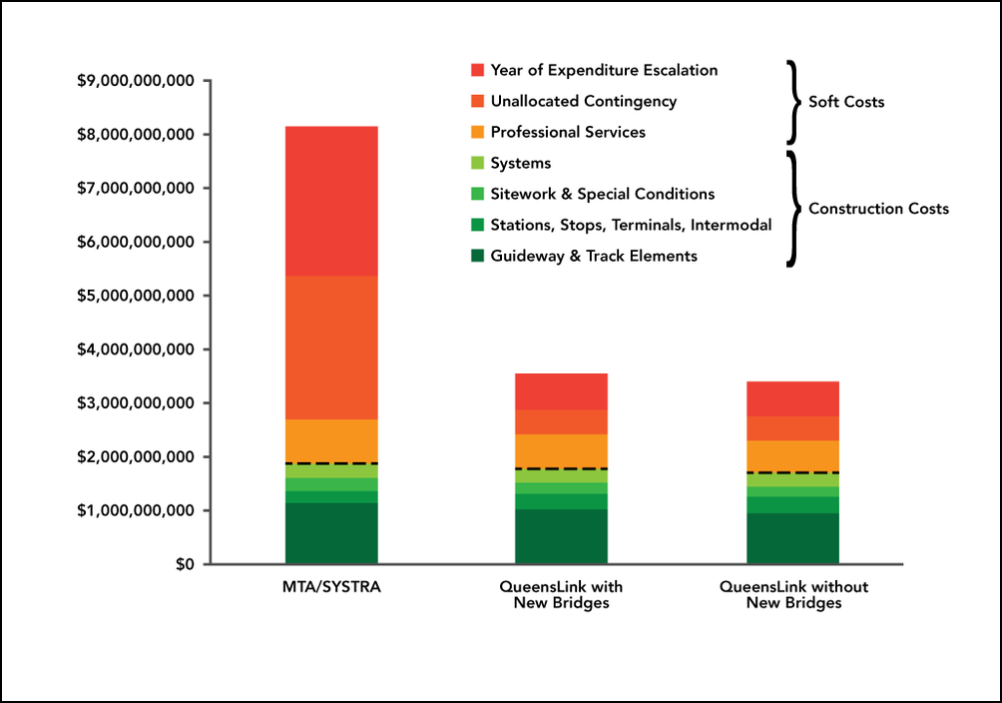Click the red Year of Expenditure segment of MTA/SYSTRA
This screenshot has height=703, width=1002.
pyautogui.click(x=331, y=201)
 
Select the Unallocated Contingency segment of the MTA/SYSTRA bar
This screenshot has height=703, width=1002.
pyautogui.click(x=331, y=347)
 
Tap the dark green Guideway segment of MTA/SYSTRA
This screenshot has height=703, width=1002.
pyautogui.click(x=331, y=533)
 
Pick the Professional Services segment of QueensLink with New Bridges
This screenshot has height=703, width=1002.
pyautogui.click(x=562, y=450)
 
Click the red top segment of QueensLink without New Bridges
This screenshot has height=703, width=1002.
pyautogui.click(x=792, y=398)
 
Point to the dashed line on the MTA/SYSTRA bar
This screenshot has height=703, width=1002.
pyautogui.click(x=331, y=463)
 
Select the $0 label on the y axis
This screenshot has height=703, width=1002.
pyautogui.click(x=185, y=565)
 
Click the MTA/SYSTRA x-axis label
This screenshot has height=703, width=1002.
pyautogui.click(x=331, y=586)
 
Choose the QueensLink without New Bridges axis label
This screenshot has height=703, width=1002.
pyautogui.click(x=793, y=594)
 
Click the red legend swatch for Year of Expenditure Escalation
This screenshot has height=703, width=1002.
pyautogui.click(x=477, y=70)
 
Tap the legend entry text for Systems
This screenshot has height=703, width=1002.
pyautogui.click(x=520, y=163)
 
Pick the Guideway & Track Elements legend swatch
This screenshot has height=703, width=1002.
pyautogui.click(x=477, y=256)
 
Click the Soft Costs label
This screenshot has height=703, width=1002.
pyautogui.click(x=846, y=102)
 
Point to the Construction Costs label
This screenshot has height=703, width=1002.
pyautogui.click(x=878, y=209)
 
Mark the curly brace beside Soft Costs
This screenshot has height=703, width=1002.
pyautogui.click(x=794, y=102)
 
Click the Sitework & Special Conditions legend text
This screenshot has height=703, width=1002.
pyautogui.click(x=602, y=194)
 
